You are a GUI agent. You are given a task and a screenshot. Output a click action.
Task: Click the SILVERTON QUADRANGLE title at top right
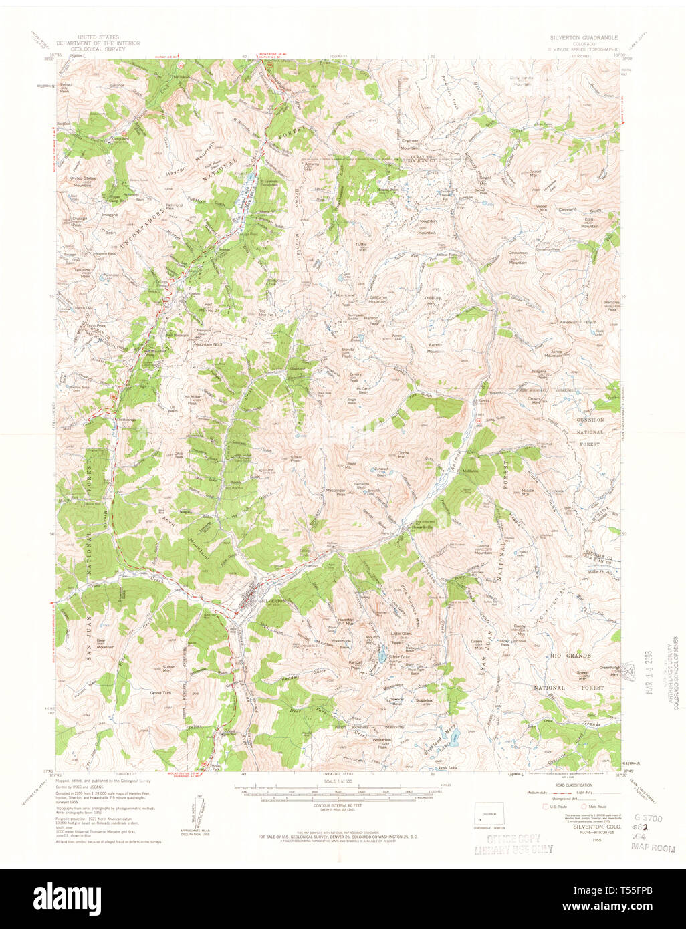[583, 38]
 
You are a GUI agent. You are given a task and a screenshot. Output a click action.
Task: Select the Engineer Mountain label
[409, 144]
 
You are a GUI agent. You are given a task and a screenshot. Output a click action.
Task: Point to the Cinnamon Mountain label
[518, 257]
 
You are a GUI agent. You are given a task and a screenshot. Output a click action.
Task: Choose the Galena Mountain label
[483, 549]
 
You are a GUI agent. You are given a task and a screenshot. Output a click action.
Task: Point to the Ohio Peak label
[179, 455]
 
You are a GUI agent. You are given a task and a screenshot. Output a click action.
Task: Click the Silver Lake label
[400, 658]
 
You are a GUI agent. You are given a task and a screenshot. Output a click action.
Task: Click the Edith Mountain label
[590, 223]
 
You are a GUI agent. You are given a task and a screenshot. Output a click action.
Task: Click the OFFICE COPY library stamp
[513, 843]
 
